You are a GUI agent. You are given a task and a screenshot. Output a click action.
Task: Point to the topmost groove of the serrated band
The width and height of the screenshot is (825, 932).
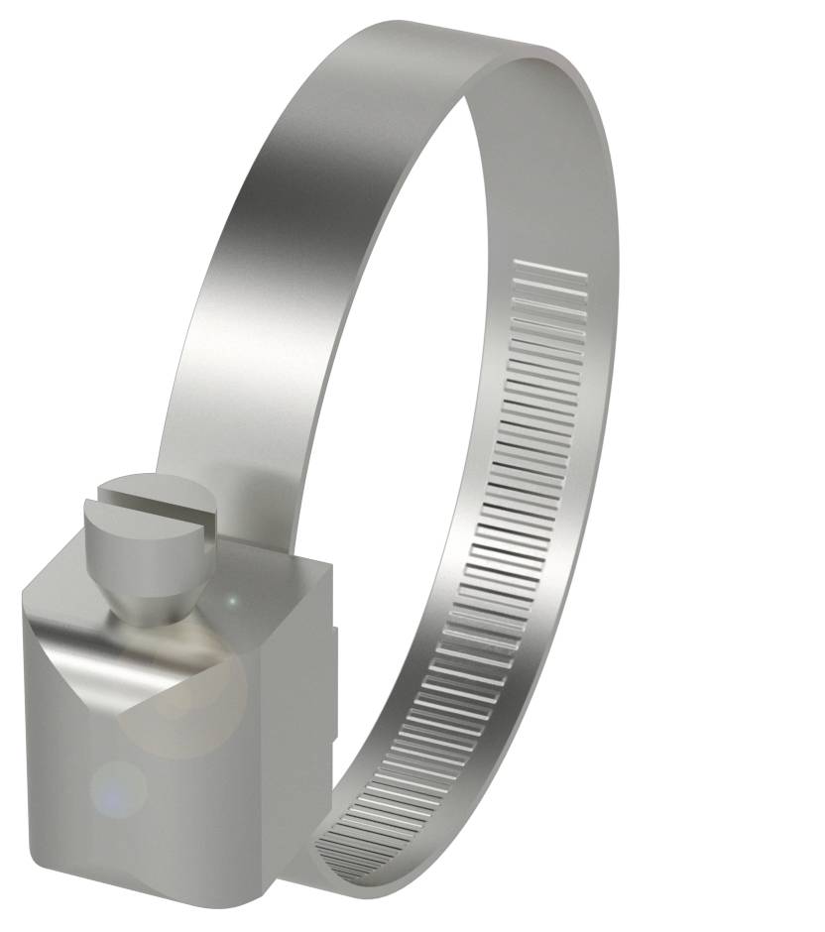click(x=550, y=267)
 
